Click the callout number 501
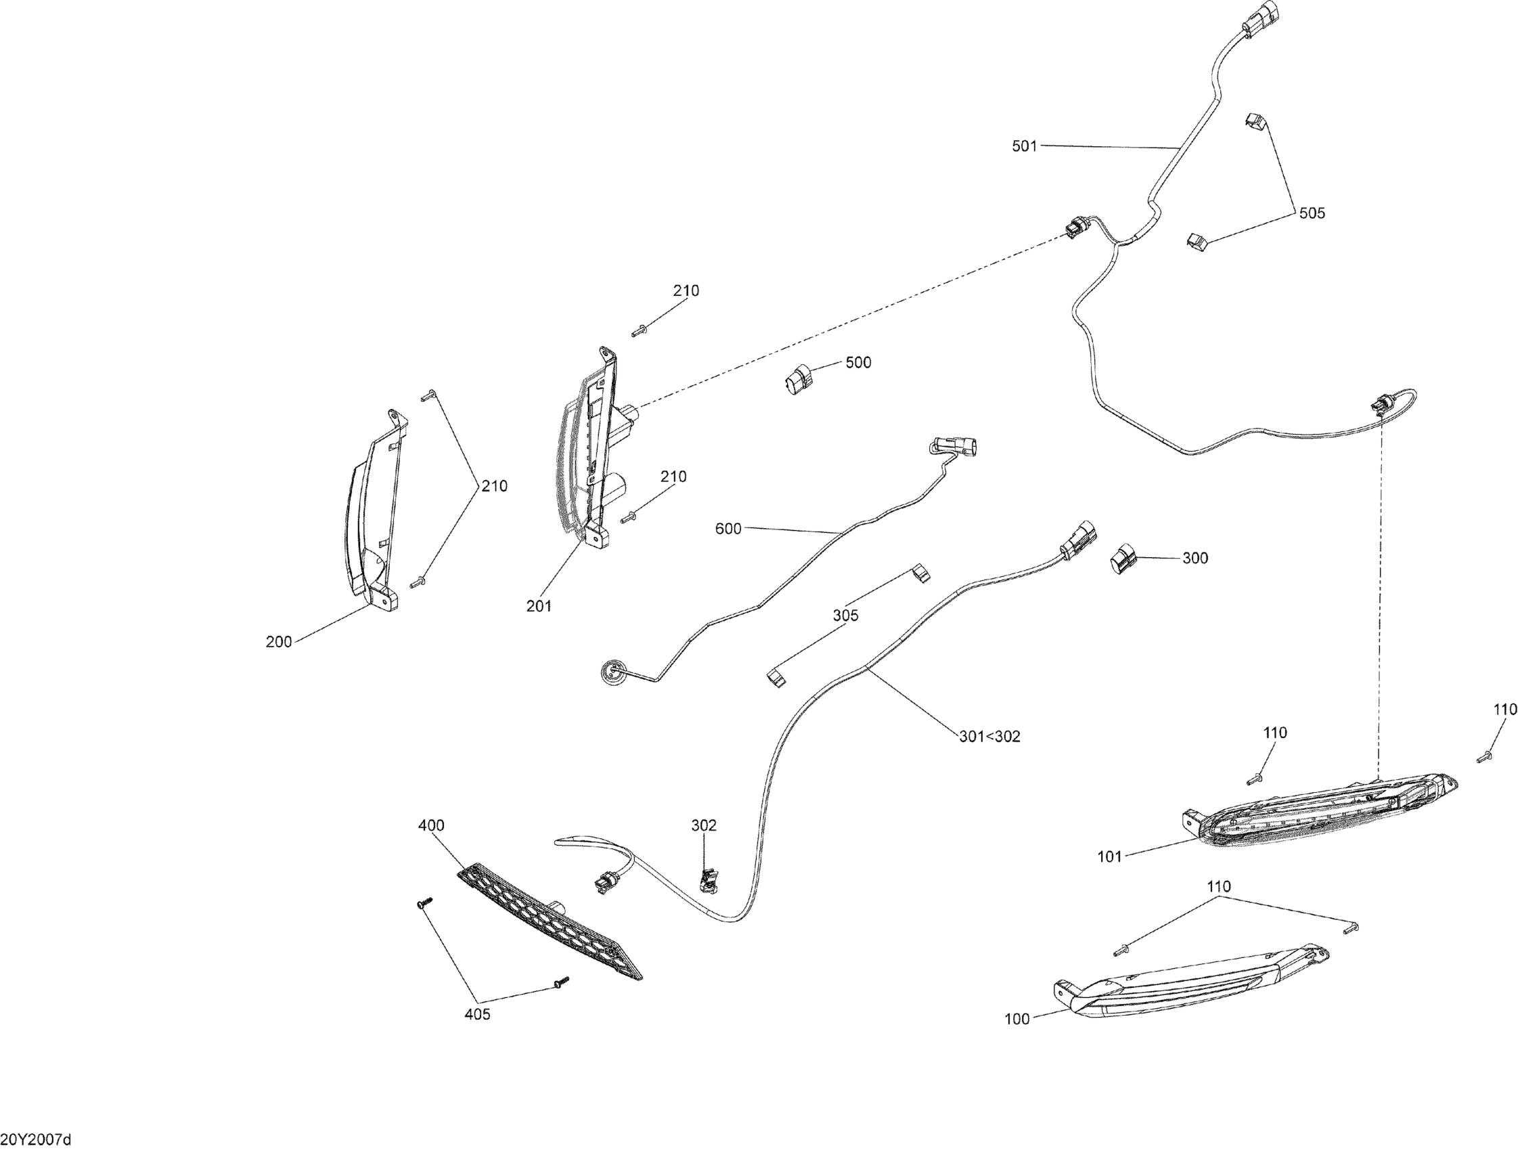coord(1024,146)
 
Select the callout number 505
coord(1312,213)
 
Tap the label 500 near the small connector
coord(858,362)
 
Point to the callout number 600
coord(728,529)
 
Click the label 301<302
coord(989,737)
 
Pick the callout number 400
coord(431,825)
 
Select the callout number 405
coord(477,1014)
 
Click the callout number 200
coord(279,642)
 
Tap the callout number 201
coord(539,606)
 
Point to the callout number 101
coord(1109,856)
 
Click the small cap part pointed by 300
coord(1123,558)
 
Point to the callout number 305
coord(845,615)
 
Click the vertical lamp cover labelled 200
coord(374,515)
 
